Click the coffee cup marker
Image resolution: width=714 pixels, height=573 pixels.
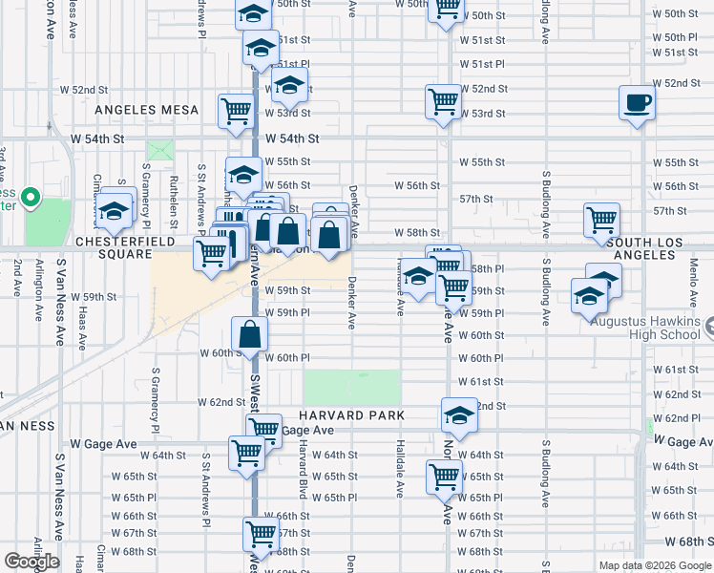pos(636,102)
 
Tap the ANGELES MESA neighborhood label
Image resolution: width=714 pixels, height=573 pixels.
pos(146,110)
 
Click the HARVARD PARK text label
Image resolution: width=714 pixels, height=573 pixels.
pos(351,415)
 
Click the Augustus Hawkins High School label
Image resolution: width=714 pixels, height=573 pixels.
pos(644,328)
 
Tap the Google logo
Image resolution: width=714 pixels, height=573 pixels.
pos(31,562)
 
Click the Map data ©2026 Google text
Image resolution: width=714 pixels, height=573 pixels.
pos(655,565)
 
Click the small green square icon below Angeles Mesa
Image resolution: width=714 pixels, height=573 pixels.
pos(160,151)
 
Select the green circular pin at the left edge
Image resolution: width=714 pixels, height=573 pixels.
pos(31,199)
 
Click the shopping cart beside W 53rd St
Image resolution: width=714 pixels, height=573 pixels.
pos(444,101)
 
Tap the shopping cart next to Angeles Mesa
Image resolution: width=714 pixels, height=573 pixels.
pos(236,110)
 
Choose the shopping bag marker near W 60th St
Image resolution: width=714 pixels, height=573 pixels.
pos(250,334)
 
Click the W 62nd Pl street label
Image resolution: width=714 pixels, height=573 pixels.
pos(682,418)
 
